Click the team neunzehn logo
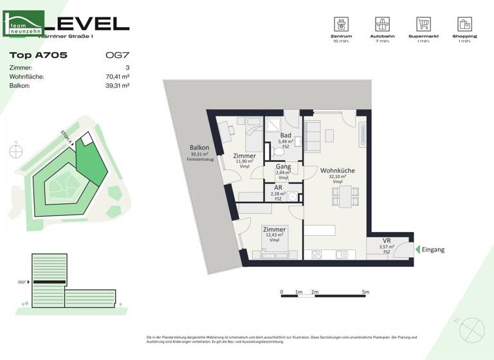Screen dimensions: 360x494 24,24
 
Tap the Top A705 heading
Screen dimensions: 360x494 38,55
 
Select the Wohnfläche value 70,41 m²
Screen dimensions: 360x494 117,76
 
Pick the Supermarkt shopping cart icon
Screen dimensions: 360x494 423,25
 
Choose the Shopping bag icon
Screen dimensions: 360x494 465,25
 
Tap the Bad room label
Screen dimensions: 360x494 286,136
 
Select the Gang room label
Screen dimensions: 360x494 283,167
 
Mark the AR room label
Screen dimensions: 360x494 278,188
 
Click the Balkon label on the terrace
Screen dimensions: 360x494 199,148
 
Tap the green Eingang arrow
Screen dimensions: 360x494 417,249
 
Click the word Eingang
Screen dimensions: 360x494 433,249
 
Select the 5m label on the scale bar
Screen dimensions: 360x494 365,292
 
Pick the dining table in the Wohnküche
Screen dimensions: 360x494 344,195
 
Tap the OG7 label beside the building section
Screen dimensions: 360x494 22,282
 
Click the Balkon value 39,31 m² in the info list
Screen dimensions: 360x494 117,85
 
